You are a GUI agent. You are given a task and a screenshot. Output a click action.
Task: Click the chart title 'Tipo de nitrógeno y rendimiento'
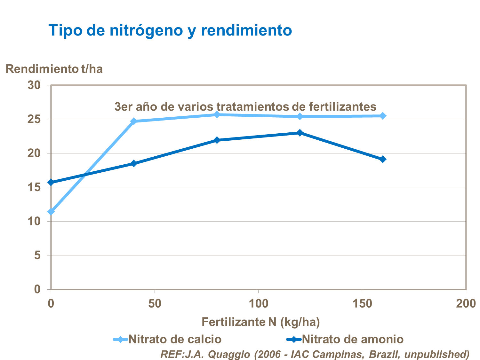click(x=170, y=30)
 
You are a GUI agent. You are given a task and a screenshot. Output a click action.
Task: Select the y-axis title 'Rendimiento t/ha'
click(x=54, y=69)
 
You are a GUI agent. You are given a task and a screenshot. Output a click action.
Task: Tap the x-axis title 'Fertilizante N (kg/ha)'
click(x=260, y=322)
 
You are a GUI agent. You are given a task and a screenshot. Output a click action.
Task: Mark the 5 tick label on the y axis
click(x=37, y=255)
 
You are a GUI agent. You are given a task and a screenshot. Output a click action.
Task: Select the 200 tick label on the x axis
click(x=466, y=303)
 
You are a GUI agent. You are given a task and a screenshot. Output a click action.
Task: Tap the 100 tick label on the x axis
click(x=258, y=303)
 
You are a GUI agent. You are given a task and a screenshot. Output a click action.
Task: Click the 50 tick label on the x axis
click(x=155, y=303)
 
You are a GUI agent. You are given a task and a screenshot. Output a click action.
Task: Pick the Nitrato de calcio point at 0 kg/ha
click(x=51, y=212)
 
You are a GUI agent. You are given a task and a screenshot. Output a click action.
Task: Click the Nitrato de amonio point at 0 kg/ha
click(x=51, y=182)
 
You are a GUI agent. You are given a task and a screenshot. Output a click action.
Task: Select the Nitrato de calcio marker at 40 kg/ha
click(x=134, y=121)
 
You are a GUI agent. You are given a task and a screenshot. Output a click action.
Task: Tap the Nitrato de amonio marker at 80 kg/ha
click(x=217, y=140)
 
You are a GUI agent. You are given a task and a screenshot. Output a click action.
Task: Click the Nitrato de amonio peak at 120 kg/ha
click(x=300, y=133)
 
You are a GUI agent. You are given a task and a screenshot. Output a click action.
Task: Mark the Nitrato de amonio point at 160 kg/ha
click(x=383, y=159)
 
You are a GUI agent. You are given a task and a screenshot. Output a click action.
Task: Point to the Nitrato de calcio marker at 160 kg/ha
click(x=383, y=116)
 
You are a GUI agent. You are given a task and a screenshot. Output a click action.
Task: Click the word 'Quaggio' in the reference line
click(x=229, y=354)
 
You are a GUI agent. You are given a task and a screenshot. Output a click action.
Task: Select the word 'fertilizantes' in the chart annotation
click(x=343, y=106)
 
